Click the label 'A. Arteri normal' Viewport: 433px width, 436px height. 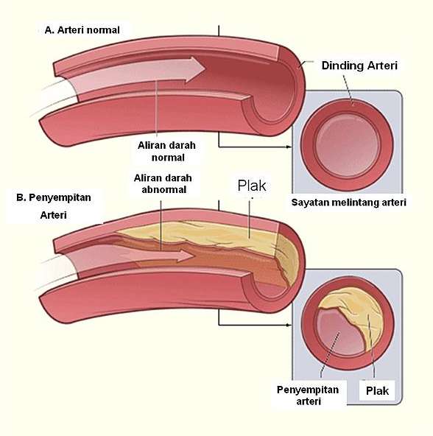point(82,30)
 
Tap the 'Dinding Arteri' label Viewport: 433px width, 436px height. point(359,66)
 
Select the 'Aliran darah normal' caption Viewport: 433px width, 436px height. point(167,151)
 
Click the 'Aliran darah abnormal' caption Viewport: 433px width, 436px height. point(163,183)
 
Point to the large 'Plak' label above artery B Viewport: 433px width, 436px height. point(252,186)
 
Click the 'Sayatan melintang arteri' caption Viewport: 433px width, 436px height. point(349,203)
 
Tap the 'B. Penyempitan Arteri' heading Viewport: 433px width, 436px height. point(54,206)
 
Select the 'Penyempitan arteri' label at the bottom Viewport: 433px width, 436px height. point(308,395)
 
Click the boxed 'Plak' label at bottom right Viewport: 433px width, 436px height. point(377,390)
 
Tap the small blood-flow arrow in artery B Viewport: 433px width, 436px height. point(155,256)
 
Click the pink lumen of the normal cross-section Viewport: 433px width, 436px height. point(348,144)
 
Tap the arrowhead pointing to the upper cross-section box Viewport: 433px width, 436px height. point(289,147)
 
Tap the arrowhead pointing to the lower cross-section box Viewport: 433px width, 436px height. point(289,325)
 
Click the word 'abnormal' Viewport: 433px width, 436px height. point(164,189)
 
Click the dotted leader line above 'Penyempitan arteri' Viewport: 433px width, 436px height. point(330,354)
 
